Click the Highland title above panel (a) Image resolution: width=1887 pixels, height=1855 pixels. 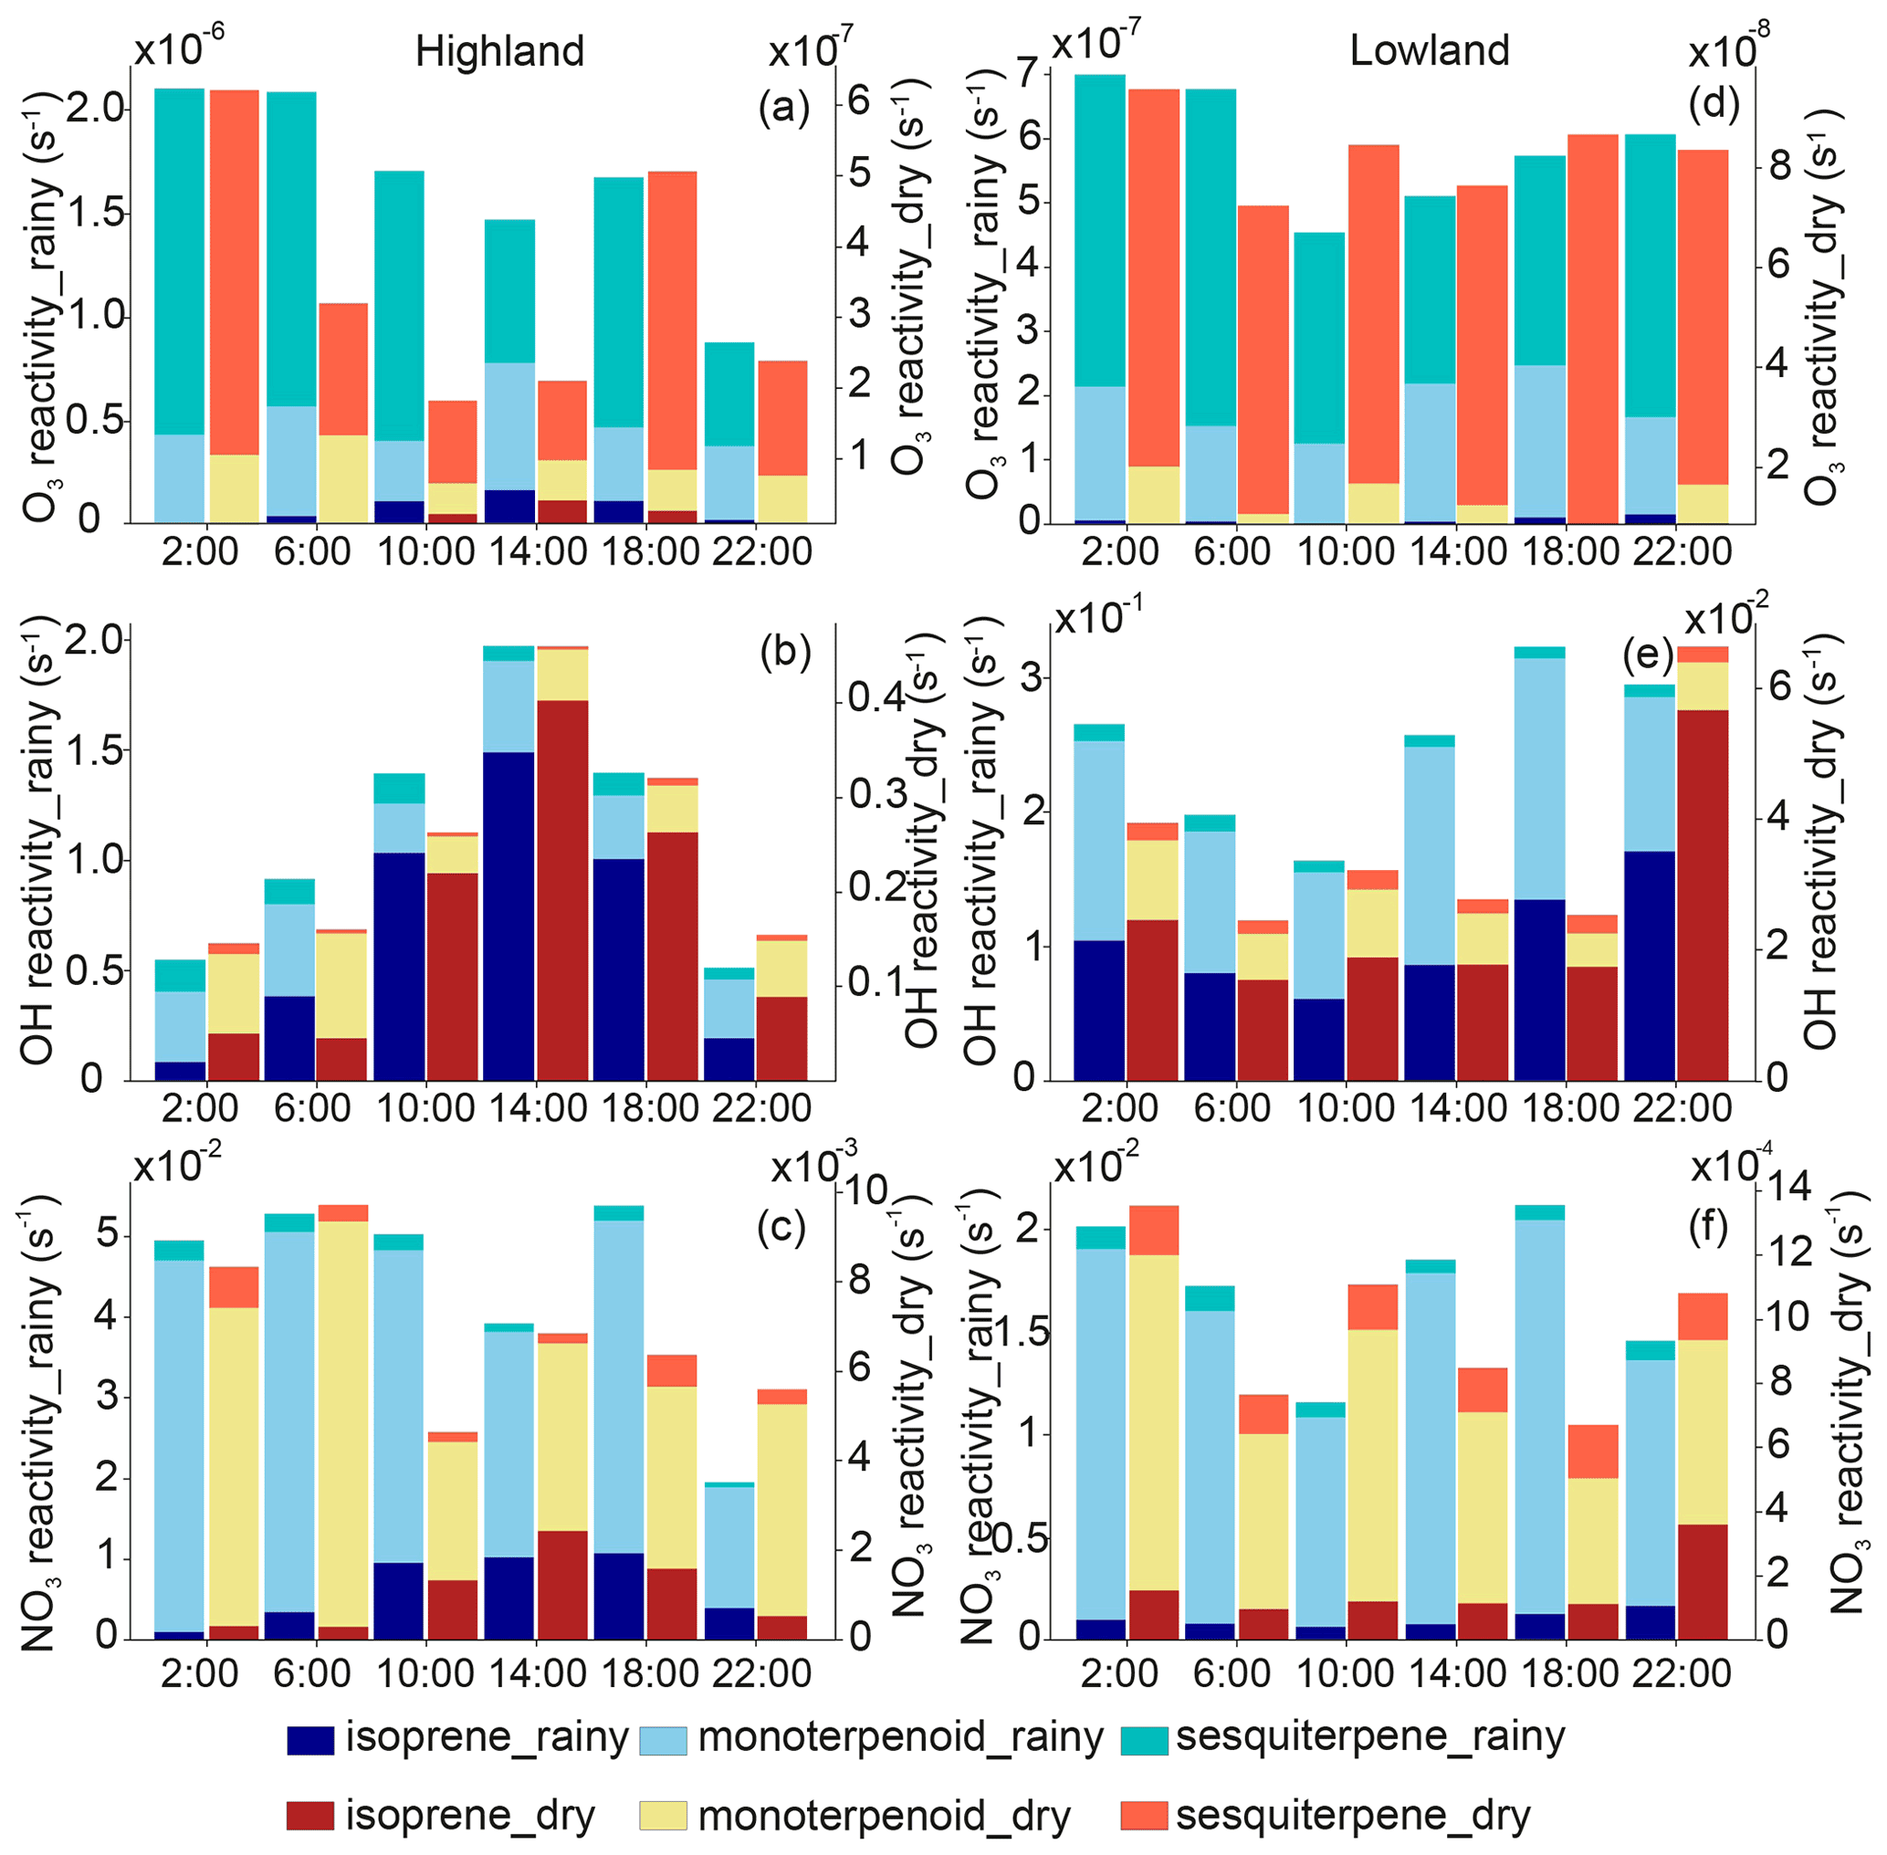(498, 50)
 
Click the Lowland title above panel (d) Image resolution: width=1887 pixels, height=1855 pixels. (1428, 49)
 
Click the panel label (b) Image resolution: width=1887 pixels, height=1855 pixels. (784, 652)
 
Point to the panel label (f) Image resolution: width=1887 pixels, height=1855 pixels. (1708, 1230)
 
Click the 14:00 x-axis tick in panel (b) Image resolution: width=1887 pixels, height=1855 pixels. (537, 1107)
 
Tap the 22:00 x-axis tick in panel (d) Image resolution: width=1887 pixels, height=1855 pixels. (1682, 551)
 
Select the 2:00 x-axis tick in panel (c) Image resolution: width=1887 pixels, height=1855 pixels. (200, 1672)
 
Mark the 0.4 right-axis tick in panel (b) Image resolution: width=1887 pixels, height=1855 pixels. (876, 697)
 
